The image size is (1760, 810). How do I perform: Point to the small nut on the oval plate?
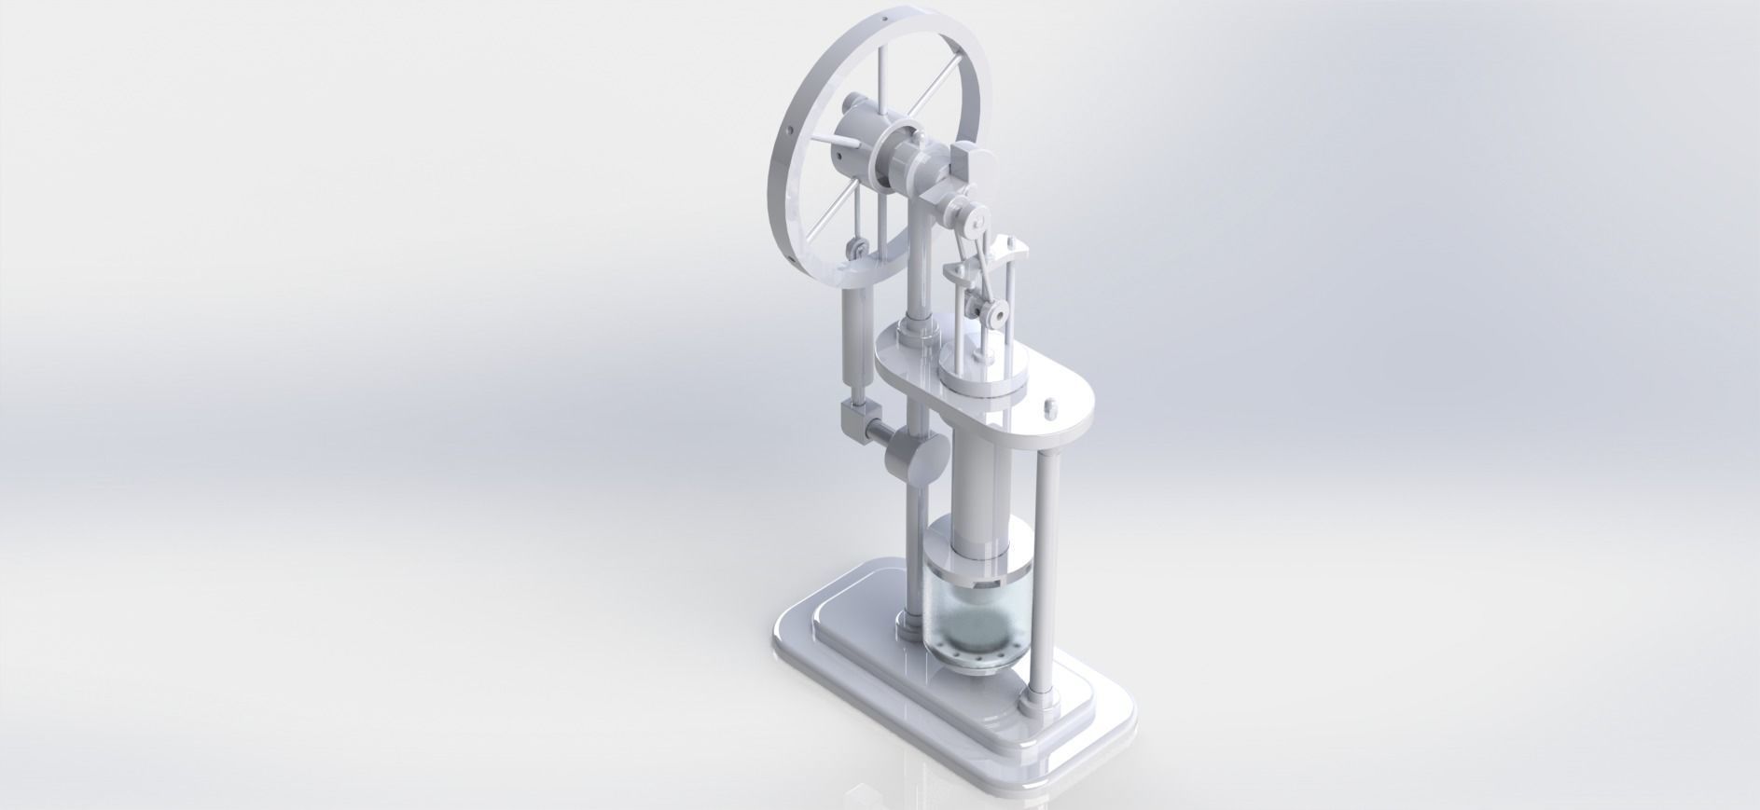[x=1048, y=407]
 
